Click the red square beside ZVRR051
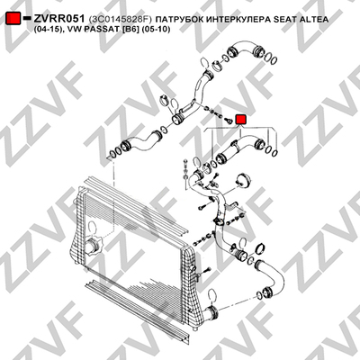[13, 19]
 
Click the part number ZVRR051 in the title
[59, 19]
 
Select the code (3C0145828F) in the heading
[121, 20]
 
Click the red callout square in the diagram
[240, 120]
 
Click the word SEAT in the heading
[284, 20]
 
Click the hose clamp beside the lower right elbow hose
[260, 248]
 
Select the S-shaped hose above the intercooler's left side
[141, 140]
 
